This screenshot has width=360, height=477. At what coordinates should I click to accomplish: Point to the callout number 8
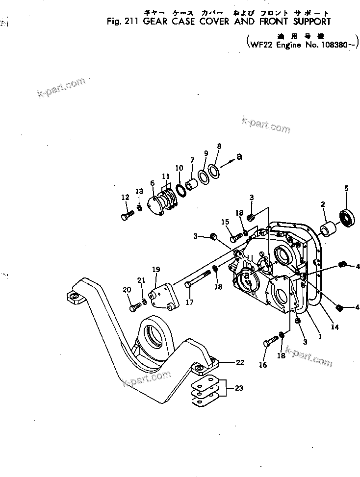point(219,146)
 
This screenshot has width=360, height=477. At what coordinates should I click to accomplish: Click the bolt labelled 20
point(135,307)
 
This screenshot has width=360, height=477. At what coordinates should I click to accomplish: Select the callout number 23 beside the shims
point(238,388)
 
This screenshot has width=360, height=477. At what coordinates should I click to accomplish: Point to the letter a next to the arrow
point(239,157)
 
